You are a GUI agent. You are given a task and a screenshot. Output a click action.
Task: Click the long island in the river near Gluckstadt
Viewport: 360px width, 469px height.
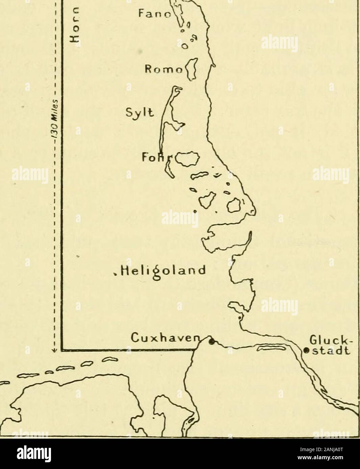272,347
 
